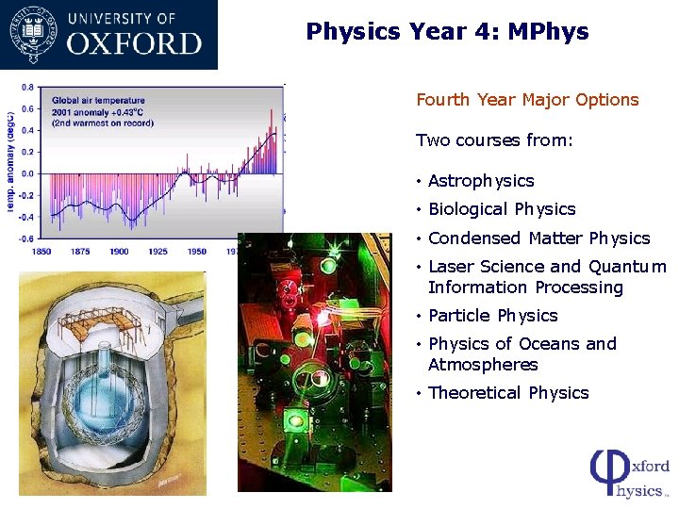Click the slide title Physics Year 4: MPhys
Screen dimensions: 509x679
coord(447,32)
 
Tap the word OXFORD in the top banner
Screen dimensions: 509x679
coord(135,43)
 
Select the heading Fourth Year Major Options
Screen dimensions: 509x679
coord(527,100)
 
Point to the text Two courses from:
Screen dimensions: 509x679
coord(494,140)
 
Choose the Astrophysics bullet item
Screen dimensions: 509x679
coord(481,181)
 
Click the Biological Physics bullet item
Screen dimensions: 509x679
coord(502,209)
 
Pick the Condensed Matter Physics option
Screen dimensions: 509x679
coord(538,238)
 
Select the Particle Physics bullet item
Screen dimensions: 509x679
coord(493,316)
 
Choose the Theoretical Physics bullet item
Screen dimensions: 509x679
coord(508,393)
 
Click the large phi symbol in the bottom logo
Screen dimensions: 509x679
coord(604,472)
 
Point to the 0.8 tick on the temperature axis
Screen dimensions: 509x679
coord(27,88)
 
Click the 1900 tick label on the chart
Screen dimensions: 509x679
coord(119,252)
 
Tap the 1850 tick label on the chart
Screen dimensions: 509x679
coord(41,252)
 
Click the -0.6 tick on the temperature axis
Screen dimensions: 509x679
coord(26,238)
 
